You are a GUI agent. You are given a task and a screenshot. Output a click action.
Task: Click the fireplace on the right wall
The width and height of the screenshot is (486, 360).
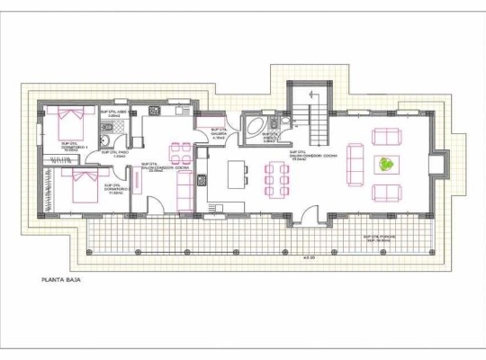tap(436, 165)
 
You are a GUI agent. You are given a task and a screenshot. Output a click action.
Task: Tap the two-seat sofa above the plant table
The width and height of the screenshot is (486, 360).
tap(387, 137)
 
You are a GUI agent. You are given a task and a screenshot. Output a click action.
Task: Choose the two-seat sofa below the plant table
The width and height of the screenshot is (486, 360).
tap(387, 193)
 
